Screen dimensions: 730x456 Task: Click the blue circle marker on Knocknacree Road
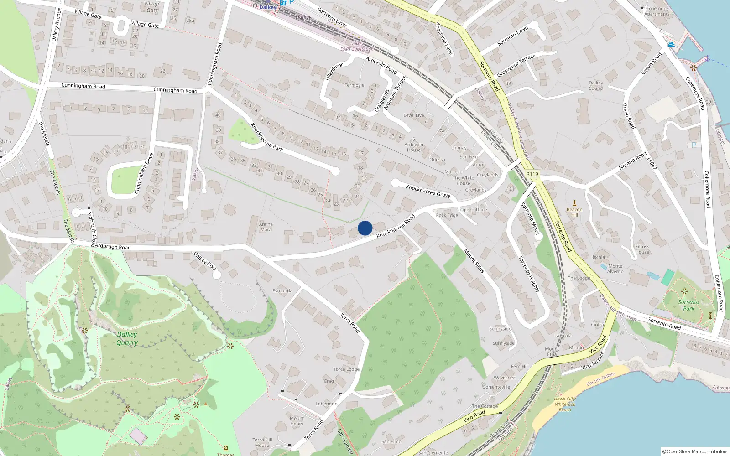365,228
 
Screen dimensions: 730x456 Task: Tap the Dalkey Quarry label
127,338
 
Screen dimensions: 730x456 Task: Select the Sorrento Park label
688,305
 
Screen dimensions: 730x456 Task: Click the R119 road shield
532,174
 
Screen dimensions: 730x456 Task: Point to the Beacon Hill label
574,212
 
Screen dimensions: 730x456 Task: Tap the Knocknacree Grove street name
428,191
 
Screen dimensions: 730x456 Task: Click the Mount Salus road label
474,261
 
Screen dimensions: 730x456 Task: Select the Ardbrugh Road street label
113,247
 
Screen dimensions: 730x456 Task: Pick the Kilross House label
642,249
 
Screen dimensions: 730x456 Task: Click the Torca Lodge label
346,369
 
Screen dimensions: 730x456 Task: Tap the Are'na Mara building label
266,227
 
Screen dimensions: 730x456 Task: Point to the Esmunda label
282,290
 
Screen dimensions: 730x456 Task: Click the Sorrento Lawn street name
512,36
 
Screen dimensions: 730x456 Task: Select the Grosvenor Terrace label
516,66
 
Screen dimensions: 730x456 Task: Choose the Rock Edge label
447,215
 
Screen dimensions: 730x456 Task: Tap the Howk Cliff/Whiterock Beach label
565,404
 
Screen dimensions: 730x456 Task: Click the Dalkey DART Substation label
357,46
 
